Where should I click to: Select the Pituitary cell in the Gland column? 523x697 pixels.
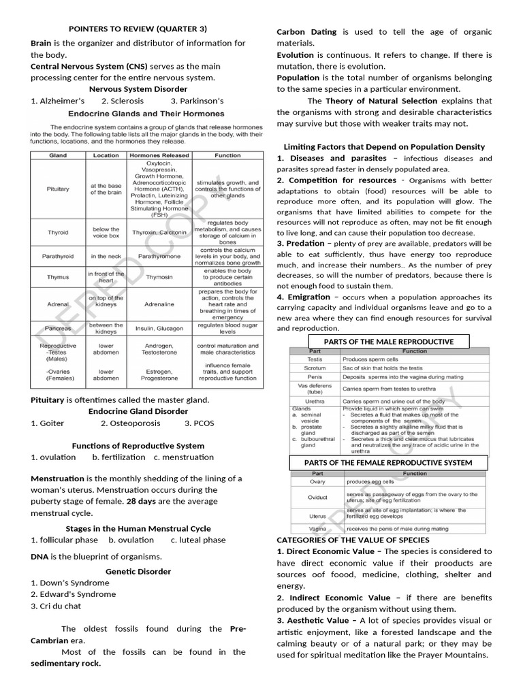tap(58, 189)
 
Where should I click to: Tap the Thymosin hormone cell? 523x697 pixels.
tap(159, 277)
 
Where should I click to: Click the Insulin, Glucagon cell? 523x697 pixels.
tap(159, 328)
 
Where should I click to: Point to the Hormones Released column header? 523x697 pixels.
tap(159, 155)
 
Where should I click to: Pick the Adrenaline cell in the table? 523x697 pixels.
tap(159, 304)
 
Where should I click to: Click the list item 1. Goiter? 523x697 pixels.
tap(48, 423)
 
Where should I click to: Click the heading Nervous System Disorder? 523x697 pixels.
tap(138, 88)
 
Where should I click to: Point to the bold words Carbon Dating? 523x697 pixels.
tap(305, 32)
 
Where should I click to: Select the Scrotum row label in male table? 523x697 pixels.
tap(315, 368)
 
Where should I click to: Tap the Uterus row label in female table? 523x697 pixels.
tap(318, 516)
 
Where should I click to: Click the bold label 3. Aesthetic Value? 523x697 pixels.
tap(317, 620)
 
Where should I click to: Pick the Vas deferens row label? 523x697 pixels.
tap(315, 389)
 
